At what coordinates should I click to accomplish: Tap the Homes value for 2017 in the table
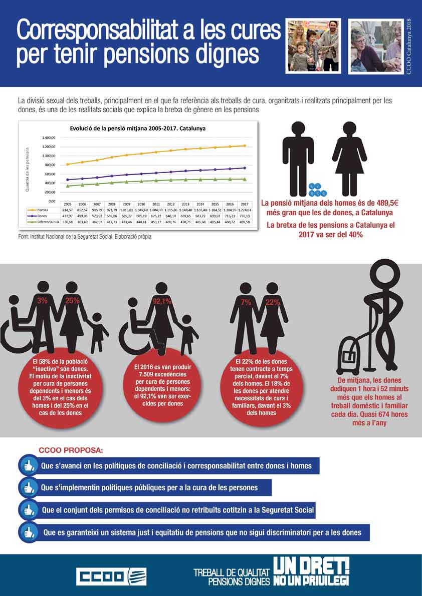point(245,210)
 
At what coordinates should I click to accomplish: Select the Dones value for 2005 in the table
point(67,215)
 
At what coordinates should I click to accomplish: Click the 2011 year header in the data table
point(156,204)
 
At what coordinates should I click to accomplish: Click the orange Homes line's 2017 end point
point(245,146)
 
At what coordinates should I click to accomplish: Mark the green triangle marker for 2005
point(67,186)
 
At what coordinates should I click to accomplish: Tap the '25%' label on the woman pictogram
point(73,301)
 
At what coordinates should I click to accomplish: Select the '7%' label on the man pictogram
point(246,302)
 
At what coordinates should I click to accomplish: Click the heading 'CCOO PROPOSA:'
point(71,450)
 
